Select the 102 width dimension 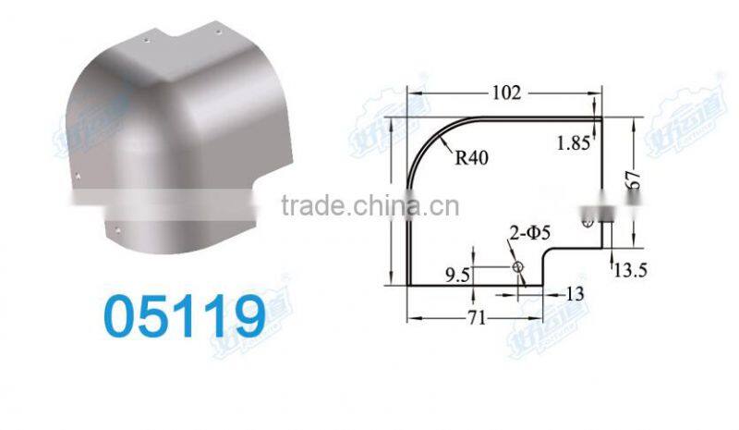point(506,92)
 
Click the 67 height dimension point(634,182)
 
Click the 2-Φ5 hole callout point(530,234)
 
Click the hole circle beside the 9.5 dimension point(518,267)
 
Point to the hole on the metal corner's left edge point(78,175)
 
